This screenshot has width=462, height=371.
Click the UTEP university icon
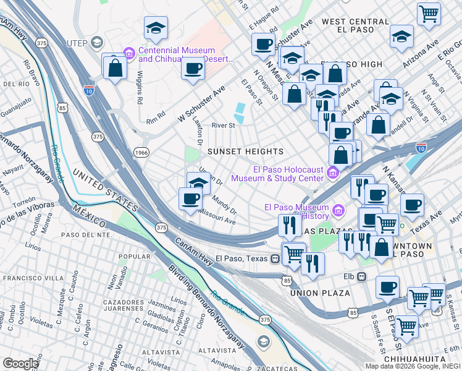(x=96, y=42)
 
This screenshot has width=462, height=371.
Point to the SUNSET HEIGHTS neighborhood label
(x=245, y=151)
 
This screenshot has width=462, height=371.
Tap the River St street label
(x=224, y=125)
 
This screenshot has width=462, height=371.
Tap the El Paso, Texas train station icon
(x=274, y=258)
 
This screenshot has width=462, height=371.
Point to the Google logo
(x=20, y=363)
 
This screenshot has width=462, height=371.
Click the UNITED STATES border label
(x=105, y=189)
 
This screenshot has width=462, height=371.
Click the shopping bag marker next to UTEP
(x=115, y=69)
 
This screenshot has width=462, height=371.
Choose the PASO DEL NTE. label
(x=86, y=234)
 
